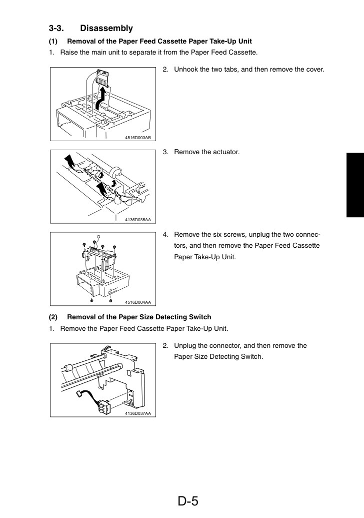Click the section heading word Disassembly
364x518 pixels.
tap(106, 29)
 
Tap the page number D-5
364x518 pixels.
tap(188, 501)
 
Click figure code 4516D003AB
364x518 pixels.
tap(138, 138)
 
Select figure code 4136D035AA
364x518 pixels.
tap(138, 220)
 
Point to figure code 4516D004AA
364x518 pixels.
tap(138, 302)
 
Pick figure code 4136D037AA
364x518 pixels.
tap(138, 413)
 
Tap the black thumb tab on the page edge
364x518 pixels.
tap(355, 185)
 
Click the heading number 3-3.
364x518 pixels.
tap(56, 29)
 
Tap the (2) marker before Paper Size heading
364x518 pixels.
tap(53, 317)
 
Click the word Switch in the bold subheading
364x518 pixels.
tap(200, 317)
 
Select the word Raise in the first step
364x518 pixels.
tap(69, 52)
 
